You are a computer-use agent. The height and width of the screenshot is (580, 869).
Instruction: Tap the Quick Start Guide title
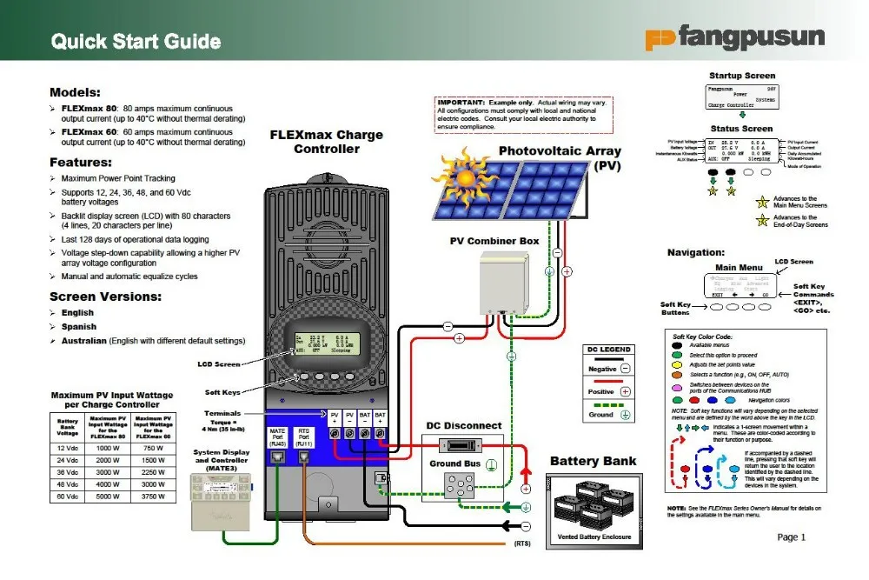point(136,42)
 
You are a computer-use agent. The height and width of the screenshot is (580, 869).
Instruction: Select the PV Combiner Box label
point(494,241)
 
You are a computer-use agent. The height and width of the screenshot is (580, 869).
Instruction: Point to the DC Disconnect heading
point(463,425)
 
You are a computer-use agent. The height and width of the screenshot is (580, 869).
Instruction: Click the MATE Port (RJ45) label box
point(277,437)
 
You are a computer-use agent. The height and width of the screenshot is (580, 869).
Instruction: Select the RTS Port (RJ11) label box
point(303,437)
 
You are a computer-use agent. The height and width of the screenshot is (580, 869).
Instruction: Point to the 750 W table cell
point(154,448)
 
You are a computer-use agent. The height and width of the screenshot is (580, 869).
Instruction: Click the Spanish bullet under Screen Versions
point(78,327)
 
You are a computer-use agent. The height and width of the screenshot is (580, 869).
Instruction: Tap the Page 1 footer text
point(792,537)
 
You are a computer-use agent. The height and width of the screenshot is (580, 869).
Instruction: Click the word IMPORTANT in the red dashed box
point(461,103)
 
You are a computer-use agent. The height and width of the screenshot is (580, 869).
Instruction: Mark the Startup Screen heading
point(742,76)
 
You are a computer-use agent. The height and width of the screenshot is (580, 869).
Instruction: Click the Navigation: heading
point(695,252)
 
